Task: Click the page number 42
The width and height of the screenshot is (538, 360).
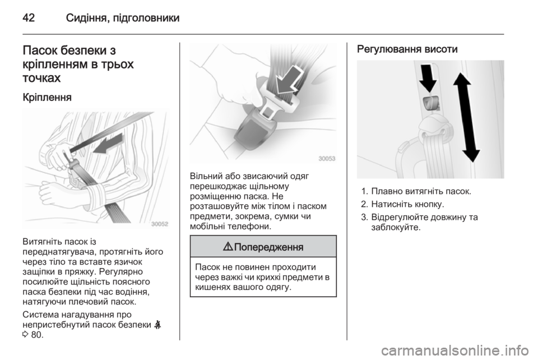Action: click(29, 17)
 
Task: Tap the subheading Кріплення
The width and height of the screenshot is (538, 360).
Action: click(47, 98)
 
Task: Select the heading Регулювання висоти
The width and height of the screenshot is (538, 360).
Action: click(407, 49)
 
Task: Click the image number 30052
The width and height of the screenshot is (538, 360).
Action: click(160, 224)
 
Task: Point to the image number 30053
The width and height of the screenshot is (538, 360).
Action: click(327, 159)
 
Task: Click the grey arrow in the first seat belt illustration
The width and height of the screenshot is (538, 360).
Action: click(108, 144)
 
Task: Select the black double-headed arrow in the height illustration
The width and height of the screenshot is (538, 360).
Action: click(467, 117)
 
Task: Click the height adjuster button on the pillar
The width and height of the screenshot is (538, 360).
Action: click(430, 103)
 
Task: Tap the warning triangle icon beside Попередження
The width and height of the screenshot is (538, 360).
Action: click(228, 246)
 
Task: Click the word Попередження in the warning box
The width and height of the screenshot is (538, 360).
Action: click(268, 247)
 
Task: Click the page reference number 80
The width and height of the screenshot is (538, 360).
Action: click(36, 334)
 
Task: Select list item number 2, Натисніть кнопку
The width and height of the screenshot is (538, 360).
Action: click(402, 205)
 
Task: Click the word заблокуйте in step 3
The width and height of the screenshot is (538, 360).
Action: click(396, 227)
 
